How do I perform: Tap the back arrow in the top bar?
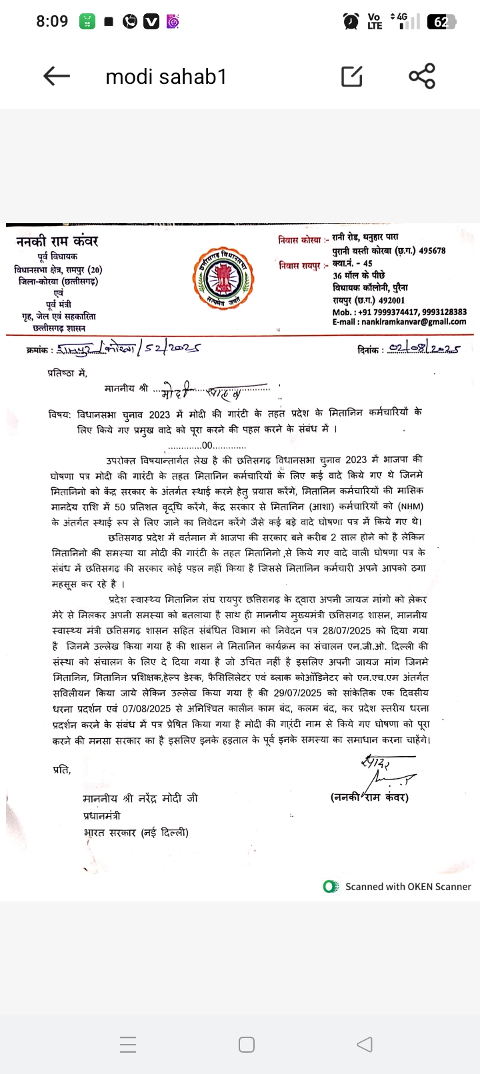click(57, 77)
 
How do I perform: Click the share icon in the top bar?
click(422, 76)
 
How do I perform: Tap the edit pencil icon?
click(352, 77)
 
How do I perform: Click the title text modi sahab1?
click(166, 77)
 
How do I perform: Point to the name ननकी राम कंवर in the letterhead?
click(57, 241)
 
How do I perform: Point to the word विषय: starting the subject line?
click(59, 414)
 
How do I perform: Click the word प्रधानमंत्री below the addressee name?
click(102, 815)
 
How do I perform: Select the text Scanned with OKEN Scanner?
click(407, 887)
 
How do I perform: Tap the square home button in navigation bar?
click(246, 1045)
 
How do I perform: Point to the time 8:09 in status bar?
click(52, 21)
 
